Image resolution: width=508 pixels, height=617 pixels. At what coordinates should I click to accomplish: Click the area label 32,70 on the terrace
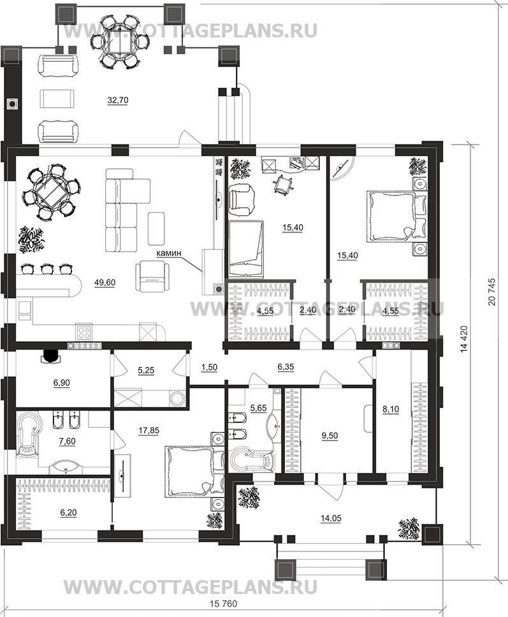(x=118, y=101)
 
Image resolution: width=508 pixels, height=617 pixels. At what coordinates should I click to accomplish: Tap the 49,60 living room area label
(x=105, y=282)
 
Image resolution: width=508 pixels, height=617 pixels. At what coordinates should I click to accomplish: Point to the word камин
(x=169, y=253)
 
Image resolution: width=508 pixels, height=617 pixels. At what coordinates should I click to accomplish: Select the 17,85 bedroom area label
(x=149, y=431)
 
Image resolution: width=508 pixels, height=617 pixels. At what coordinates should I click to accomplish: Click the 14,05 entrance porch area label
(x=331, y=519)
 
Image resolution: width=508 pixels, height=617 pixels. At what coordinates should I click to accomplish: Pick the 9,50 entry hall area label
(x=330, y=436)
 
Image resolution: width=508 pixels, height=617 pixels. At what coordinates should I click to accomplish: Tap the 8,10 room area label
(x=391, y=409)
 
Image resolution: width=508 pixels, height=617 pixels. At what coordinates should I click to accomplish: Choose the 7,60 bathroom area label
(x=67, y=441)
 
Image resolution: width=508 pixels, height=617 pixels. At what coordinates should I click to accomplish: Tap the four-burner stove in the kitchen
(x=85, y=333)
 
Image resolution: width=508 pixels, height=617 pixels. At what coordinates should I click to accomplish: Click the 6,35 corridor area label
(x=286, y=367)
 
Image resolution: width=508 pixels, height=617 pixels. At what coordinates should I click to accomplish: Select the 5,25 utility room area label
(x=146, y=370)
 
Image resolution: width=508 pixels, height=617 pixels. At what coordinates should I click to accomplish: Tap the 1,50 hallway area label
(x=209, y=367)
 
